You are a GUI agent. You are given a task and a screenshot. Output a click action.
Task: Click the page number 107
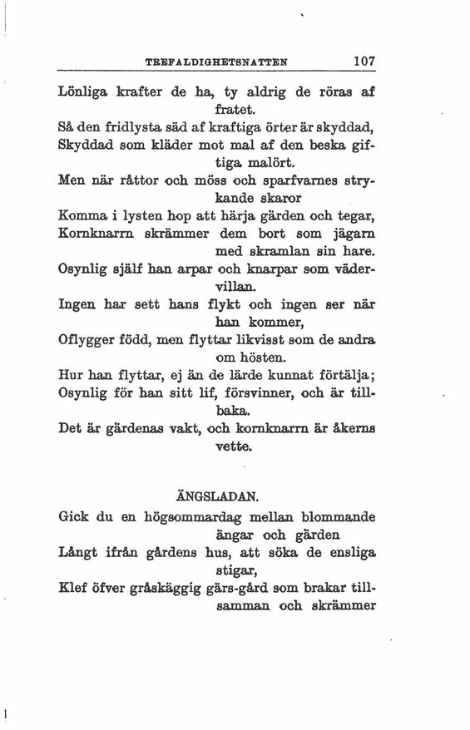(x=366, y=61)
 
